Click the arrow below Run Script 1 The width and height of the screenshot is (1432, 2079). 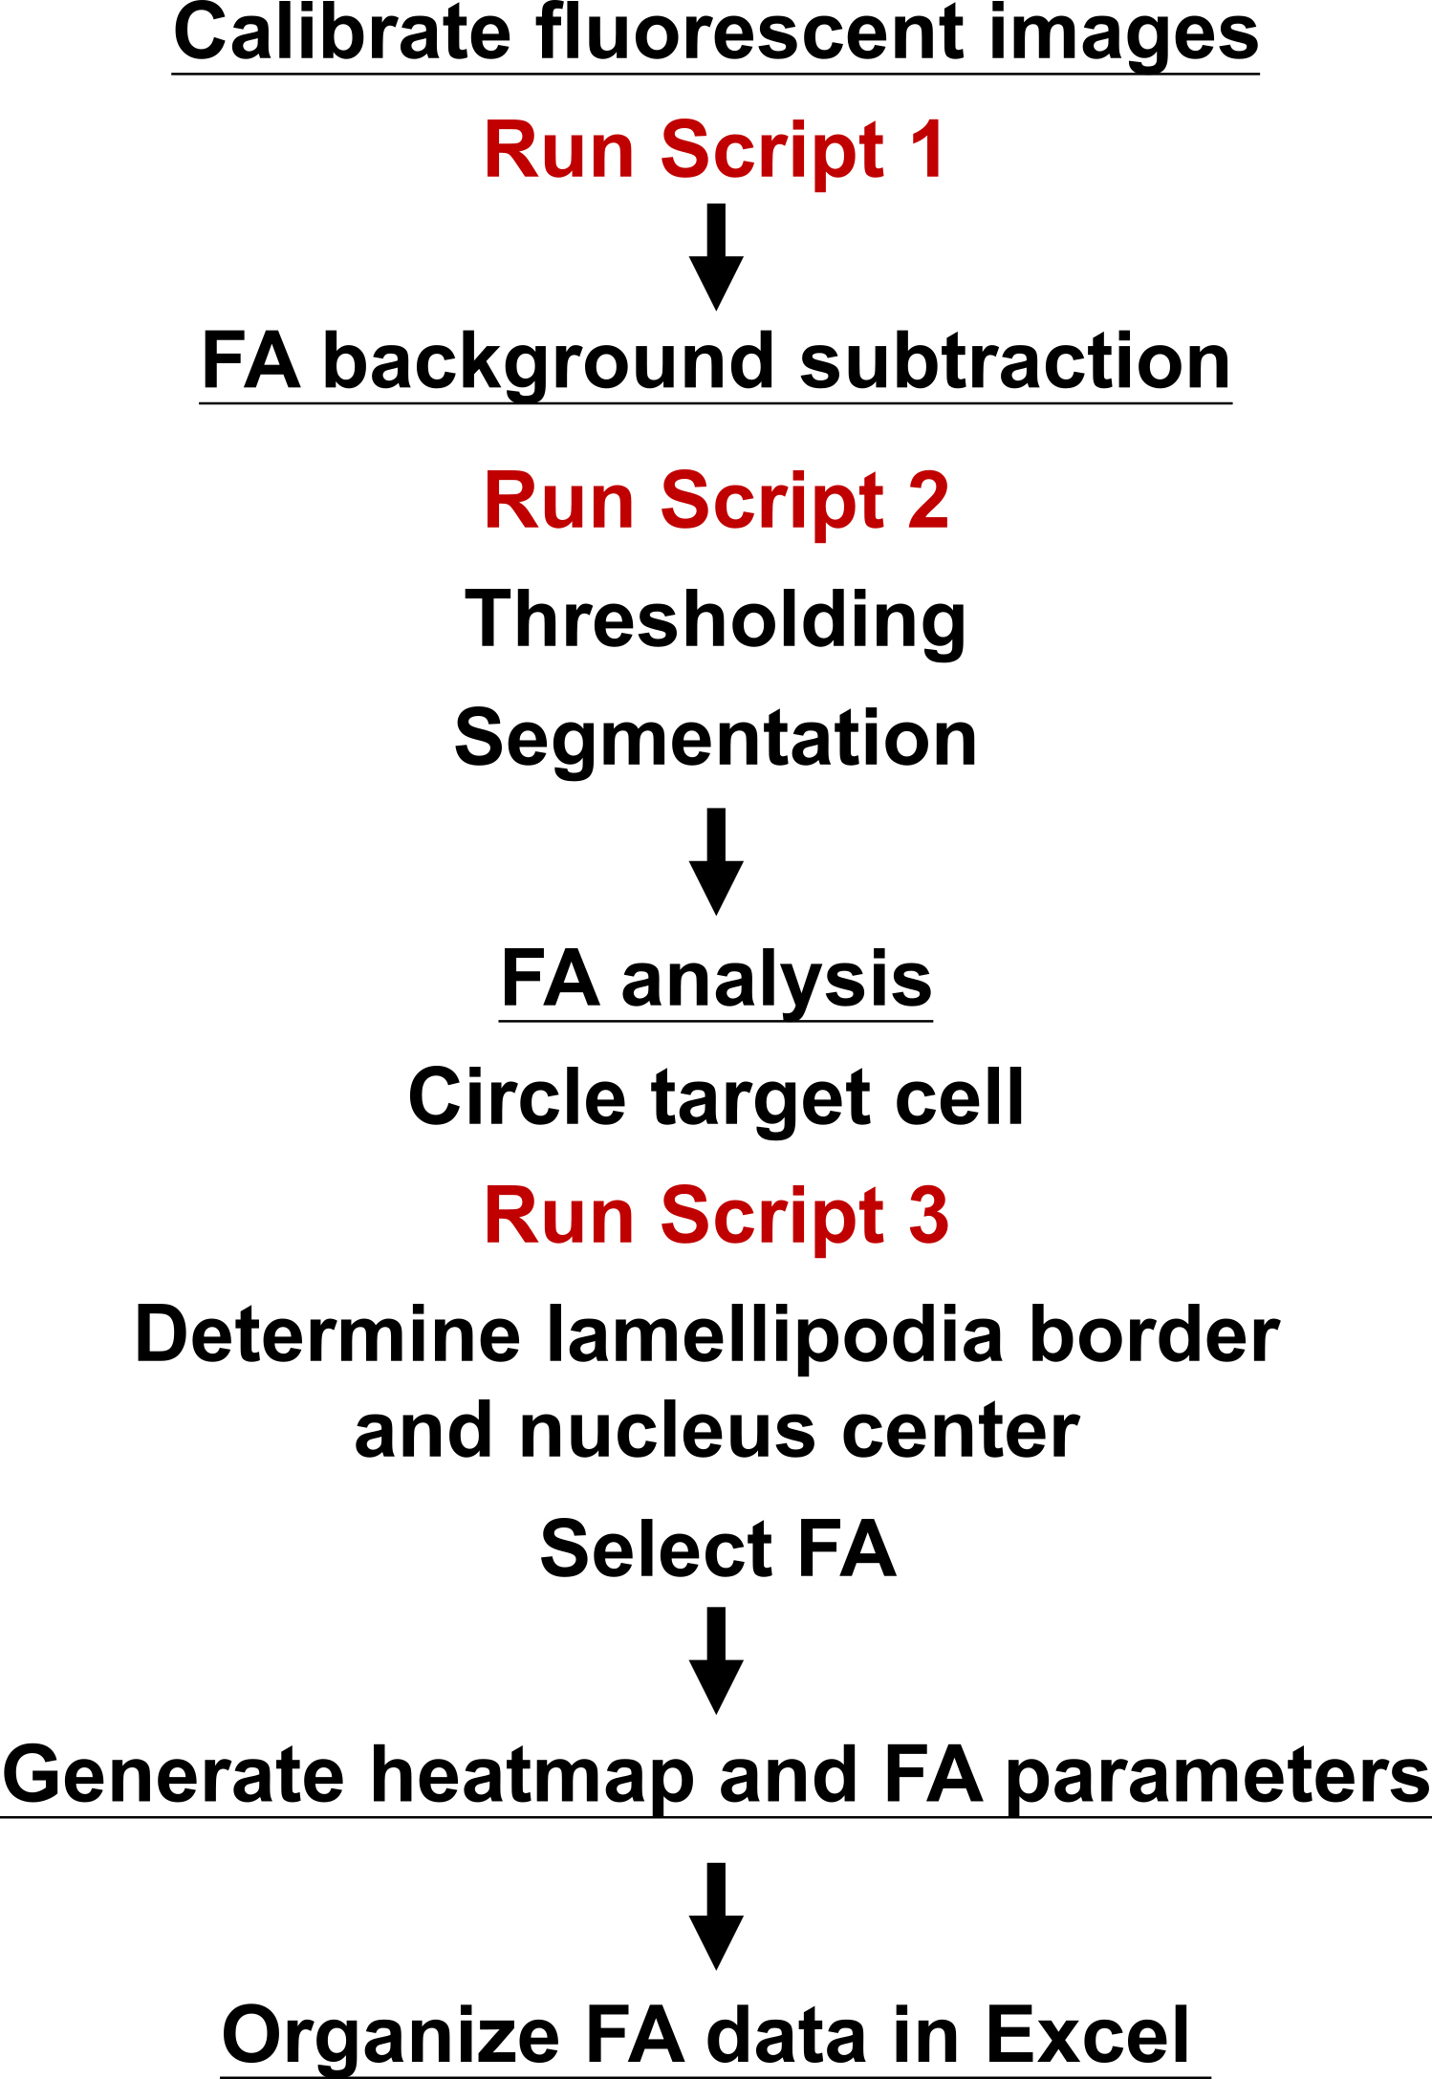716,256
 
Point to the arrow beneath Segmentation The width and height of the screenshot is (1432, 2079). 716,861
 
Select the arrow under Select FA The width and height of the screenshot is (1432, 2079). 716,1659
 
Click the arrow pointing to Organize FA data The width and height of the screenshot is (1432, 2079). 716,1916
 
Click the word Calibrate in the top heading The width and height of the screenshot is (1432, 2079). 342,32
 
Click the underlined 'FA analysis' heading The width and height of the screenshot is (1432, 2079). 716,981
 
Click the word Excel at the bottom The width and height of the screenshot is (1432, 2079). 1087,2036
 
